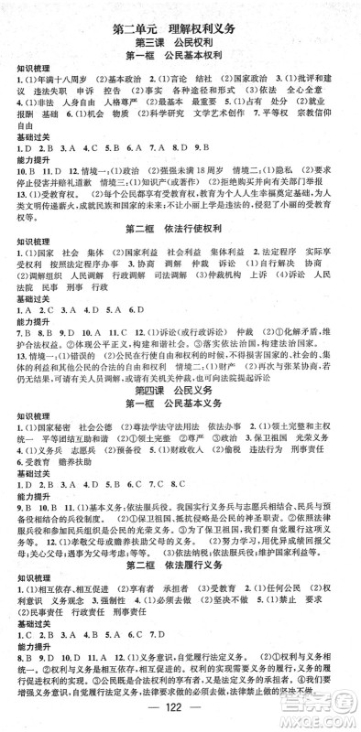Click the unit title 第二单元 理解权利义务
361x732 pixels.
[180, 27]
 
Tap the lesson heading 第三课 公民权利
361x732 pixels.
[180, 43]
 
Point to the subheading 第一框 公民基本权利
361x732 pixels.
[180, 58]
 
